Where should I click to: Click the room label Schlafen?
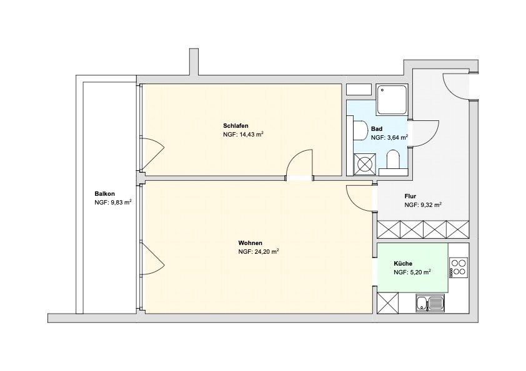236,125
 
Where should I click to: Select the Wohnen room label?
250,243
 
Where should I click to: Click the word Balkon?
104,193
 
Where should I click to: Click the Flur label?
410,195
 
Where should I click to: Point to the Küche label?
403,263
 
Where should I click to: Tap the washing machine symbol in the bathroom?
364,165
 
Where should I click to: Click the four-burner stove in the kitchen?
458,267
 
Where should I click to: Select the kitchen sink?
430,304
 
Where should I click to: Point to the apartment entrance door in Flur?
455,87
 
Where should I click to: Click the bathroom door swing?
425,132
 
